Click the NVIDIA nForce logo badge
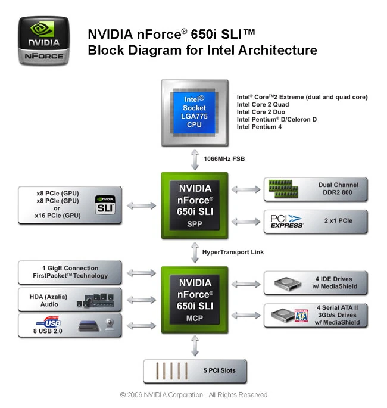pyautogui.click(x=43, y=40)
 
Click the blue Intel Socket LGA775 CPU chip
pyautogui.click(x=195, y=111)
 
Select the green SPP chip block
pyautogui.click(x=195, y=205)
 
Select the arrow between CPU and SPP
pyautogui.click(x=195, y=159)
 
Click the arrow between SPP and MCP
pyautogui.click(x=195, y=252)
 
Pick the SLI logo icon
pyautogui.click(x=105, y=204)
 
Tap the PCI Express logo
pyautogui.click(x=286, y=221)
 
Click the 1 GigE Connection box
pyautogui.click(x=70, y=272)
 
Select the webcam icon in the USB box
pyautogui.click(x=110, y=325)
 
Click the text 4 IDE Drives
pyautogui.click(x=334, y=279)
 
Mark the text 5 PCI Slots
pyautogui.click(x=219, y=370)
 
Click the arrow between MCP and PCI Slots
pyautogui.click(x=195, y=345)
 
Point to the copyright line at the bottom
pyautogui.click(x=195, y=395)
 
